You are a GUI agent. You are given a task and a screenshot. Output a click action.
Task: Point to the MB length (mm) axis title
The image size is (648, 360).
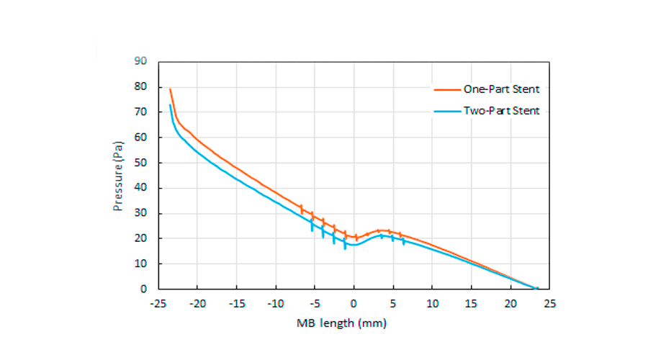click(x=341, y=323)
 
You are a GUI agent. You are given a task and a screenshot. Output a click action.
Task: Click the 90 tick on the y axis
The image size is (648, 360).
click(x=142, y=61)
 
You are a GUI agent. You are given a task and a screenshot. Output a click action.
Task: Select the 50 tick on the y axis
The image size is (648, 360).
click(x=142, y=163)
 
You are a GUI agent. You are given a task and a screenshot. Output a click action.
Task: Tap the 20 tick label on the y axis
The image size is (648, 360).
click(x=142, y=238)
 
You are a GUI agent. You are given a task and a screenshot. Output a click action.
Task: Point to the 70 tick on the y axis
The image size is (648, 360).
click(x=142, y=112)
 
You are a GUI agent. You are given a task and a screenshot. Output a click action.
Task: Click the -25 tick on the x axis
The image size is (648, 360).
click(x=158, y=303)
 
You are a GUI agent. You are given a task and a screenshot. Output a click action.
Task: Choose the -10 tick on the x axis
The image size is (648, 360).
click(x=275, y=303)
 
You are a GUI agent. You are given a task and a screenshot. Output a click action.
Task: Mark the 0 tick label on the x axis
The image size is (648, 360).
click(x=354, y=303)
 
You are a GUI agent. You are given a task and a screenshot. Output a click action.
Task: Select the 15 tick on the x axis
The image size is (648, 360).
click(x=471, y=303)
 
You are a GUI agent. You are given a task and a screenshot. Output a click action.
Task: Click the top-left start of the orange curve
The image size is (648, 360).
click(x=170, y=89)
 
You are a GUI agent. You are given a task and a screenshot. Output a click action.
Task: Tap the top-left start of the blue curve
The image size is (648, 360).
click(x=170, y=105)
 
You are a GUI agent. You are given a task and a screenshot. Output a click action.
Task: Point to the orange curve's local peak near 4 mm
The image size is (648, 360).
click(x=382, y=230)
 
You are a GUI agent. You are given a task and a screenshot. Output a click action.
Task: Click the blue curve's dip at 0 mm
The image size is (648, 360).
click(x=354, y=245)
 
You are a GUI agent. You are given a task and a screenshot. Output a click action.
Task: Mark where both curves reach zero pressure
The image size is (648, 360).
click(x=536, y=288)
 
